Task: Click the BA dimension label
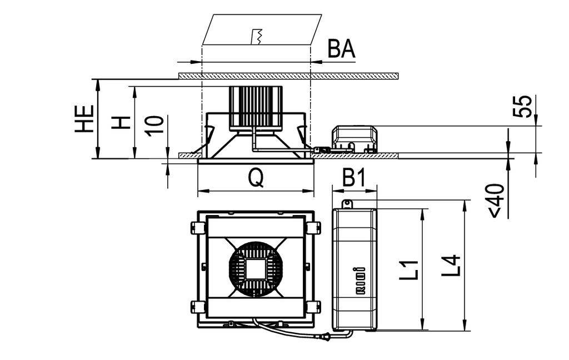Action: [342, 49]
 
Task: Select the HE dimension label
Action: [84, 119]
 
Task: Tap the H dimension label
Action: [121, 123]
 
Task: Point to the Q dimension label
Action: [256, 178]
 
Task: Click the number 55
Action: [522, 106]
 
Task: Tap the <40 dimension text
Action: [496, 201]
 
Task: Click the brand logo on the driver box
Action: [360, 280]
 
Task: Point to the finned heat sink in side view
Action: [256, 108]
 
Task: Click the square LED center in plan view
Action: [256, 269]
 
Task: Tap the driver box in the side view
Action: [355, 139]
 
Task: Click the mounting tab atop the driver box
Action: [347, 204]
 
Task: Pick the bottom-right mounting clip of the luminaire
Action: [313, 307]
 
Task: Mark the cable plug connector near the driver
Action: [324, 337]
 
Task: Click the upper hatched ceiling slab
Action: [289, 76]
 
